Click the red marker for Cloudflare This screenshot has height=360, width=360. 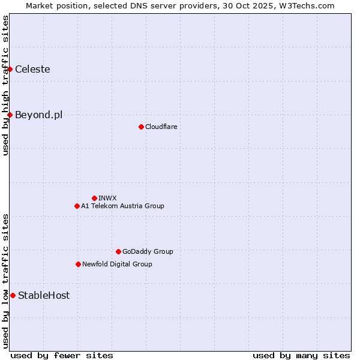(x=141, y=127)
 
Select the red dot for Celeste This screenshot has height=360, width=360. (x=10, y=70)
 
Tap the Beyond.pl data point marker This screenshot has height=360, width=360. (x=10, y=115)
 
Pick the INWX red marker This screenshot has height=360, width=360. (x=94, y=198)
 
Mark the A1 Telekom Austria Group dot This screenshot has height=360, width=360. (x=77, y=206)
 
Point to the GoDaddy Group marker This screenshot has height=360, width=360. (x=118, y=251)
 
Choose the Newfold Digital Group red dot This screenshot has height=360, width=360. (x=78, y=264)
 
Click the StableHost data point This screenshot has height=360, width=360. (x=13, y=295)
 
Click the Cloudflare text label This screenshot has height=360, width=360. (x=161, y=127)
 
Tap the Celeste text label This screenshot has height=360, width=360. (x=32, y=70)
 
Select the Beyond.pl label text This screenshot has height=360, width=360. (x=38, y=115)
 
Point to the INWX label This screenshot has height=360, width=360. (x=107, y=198)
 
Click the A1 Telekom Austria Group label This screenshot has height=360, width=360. (x=122, y=206)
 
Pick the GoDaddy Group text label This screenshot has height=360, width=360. (x=148, y=251)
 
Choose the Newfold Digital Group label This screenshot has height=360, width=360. (x=117, y=264)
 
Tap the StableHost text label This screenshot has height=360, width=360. (x=44, y=295)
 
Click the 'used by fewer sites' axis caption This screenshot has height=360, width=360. (x=62, y=355)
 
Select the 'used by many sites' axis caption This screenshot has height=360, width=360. (x=301, y=355)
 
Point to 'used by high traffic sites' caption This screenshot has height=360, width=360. (x=5, y=85)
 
